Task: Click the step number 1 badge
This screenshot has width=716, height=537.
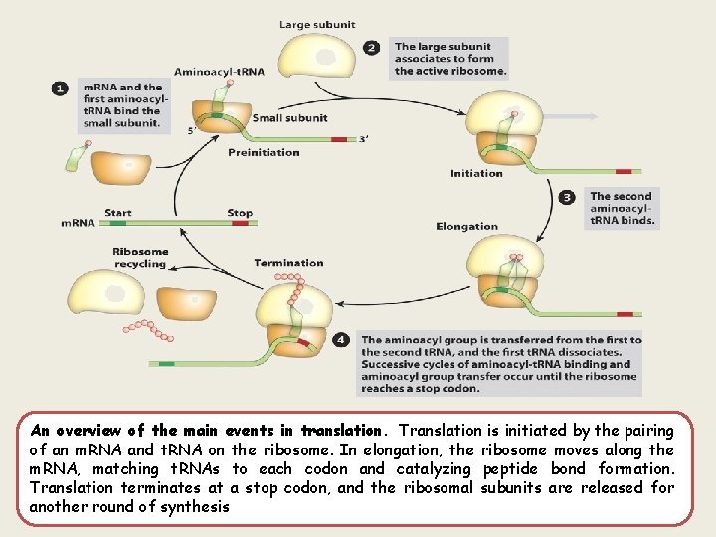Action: point(60,89)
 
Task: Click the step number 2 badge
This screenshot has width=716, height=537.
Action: point(371,47)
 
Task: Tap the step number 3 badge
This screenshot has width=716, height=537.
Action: point(567,197)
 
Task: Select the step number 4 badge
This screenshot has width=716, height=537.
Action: point(341,340)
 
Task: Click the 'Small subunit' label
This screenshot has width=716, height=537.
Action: point(289,118)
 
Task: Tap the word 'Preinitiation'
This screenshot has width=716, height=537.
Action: point(264,152)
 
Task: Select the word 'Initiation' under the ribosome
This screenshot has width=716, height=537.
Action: point(476,173)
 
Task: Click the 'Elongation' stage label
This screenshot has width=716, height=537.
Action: point(466,226)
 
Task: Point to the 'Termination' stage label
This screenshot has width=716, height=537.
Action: point(288,263)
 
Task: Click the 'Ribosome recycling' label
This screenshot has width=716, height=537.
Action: point(140,258)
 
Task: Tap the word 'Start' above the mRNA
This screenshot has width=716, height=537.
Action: point(117,212)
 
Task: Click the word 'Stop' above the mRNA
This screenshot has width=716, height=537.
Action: point(239,212)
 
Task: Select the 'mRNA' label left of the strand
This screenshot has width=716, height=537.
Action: point(78,223)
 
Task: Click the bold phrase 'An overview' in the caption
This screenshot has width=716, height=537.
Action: point(74,431)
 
